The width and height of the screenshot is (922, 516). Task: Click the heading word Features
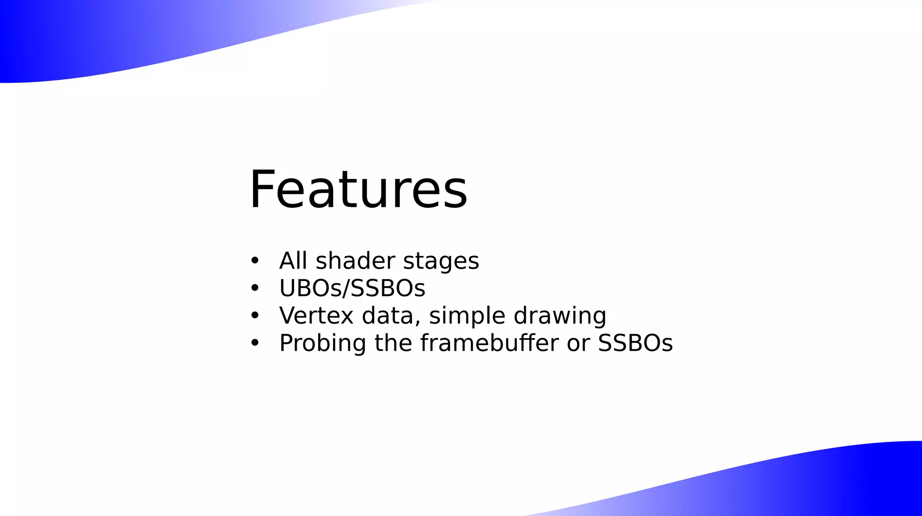tap(358, 189)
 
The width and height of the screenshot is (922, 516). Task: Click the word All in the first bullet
tap(293, 260)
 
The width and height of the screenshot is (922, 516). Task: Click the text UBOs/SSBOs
tap(352, 288)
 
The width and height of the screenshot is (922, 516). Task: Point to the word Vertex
tap(316, 315)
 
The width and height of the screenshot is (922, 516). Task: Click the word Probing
tap(322, 344)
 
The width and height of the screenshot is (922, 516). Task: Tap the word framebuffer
tap(489, 343)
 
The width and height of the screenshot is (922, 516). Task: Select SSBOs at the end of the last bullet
tap(635, 343)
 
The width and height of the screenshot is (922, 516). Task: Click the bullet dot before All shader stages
tap(255, 261)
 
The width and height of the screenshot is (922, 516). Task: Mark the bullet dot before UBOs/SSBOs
tap(255, 288)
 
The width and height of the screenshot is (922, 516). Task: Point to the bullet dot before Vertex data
tap(255, 316)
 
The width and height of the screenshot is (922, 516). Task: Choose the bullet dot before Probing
tap(255, 343)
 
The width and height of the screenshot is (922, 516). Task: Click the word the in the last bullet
tap(393, 343)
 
